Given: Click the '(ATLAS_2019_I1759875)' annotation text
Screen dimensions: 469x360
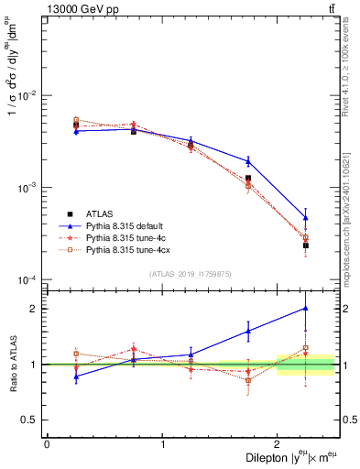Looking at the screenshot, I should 191,274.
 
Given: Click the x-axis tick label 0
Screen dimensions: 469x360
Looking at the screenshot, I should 47,444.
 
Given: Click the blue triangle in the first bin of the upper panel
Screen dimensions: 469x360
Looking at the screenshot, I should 76,132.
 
